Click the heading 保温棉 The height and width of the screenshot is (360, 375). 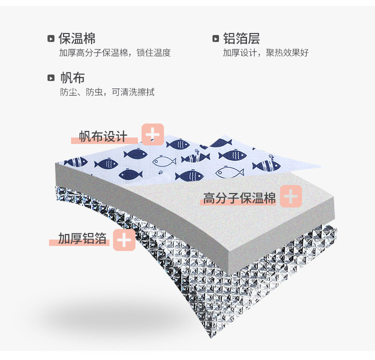(77, 38)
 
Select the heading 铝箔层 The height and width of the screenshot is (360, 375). (241, 38)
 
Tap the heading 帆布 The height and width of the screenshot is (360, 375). (72, 77)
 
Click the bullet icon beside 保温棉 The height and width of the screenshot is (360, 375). (50, 39)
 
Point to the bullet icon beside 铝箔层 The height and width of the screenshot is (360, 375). (215, 39)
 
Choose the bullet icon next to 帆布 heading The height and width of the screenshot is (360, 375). (50, 78)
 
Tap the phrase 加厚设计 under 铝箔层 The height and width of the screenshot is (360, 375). (238, 53)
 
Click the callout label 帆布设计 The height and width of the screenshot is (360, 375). (103, 136)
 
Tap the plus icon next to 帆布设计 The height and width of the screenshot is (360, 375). (153, 134)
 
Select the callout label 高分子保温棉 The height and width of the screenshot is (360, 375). (239, 198)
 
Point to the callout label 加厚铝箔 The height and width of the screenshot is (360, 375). (82, 238)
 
